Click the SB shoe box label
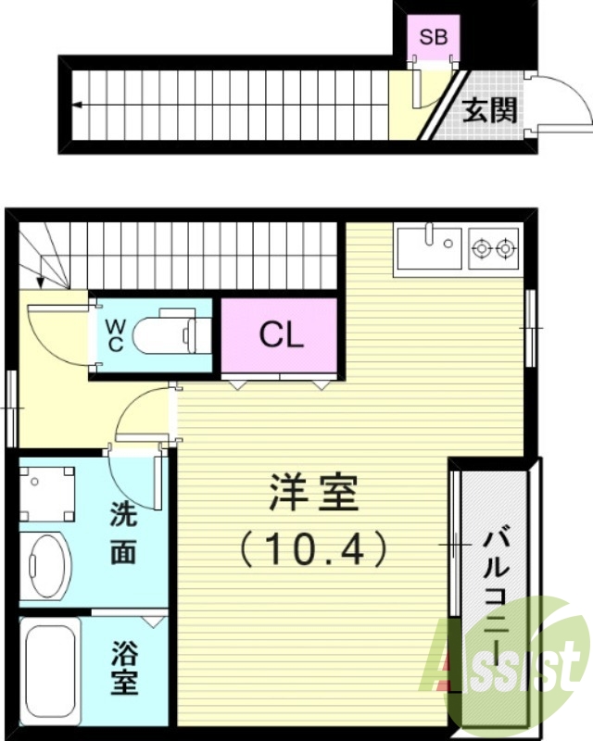click(433, 38)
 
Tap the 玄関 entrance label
click(489, 111)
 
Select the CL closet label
click(281, 335)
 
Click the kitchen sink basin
click(429, 248)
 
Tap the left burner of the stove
click(481, 248)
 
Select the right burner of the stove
click(505, 248)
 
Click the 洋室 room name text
click(312, 494)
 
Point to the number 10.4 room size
click(312, 551)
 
